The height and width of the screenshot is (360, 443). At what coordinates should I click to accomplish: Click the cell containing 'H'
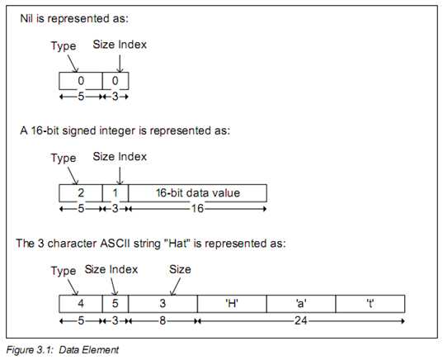(x=232, y=304)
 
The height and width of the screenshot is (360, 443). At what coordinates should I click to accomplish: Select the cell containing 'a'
(x=301, y=304)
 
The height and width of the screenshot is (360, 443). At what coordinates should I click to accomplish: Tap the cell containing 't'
(x=370, y=304)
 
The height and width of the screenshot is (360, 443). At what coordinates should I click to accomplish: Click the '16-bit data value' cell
(x=197, y=193)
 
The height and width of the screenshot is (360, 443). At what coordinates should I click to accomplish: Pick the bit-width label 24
(x=300, y=321)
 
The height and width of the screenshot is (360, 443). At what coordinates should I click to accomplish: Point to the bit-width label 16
(x=197, y=209)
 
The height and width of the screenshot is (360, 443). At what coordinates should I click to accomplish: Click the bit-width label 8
(x=163, y=321)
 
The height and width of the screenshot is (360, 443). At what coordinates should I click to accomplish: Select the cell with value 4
(x=81, y=304)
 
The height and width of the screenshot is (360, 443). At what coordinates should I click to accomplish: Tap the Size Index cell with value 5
(x=115, y=304)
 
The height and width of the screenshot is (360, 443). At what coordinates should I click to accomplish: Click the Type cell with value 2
(x=81, y=193)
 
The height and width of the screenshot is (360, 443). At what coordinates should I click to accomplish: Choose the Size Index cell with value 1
(x=115, y=193)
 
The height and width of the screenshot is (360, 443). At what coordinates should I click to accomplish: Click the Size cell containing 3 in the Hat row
(x=163, y=304)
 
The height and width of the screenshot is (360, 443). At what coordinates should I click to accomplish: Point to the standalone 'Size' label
(x=180, y=269)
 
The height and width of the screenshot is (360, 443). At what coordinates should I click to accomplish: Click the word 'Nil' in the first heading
(x=26, y=18)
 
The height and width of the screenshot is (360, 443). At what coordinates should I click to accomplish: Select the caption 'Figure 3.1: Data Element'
(x=63, y=350)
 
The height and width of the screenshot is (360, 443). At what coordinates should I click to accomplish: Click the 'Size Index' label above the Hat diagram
(x=111, y=269)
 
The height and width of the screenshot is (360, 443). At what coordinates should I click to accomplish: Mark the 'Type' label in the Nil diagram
(x=64, y=45)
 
